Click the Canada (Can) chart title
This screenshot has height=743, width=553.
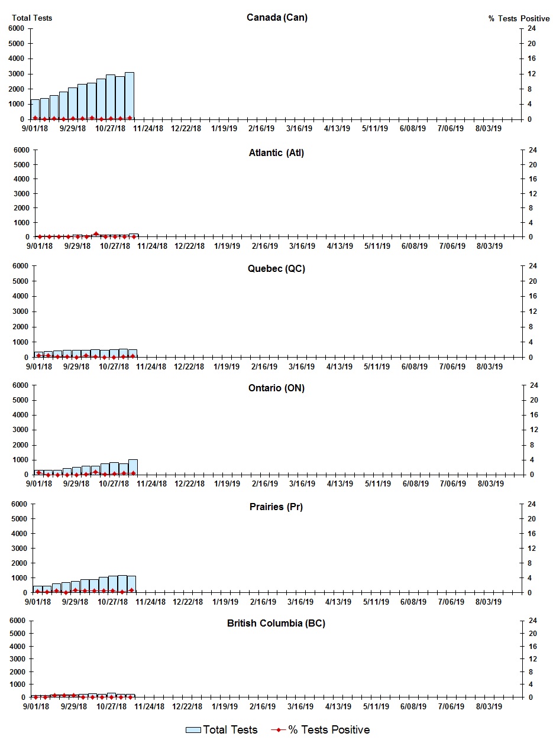(x=277, y=17)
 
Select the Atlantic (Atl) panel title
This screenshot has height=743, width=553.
(x=276, y=153)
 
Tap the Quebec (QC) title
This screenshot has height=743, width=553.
(x=276, y=269)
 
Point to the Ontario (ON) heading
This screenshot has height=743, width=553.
(x=276, y=388)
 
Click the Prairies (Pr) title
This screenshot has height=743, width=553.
(x=276, y=507)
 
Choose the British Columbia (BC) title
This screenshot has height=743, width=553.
(x=276, y=624)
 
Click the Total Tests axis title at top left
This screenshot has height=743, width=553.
(x=32, y=18)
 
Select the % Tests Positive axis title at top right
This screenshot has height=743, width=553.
(x=519, y=18)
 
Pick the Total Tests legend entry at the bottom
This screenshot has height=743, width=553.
(x=222, y=730)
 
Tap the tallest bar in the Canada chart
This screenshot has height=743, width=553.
(x=129, y=96)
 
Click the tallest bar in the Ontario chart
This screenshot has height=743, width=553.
(x=133, y=466)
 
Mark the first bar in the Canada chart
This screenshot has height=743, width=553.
(x=35, y=109)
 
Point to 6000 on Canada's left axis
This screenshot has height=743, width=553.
(x=17, y=28)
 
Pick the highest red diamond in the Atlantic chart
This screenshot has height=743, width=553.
(x=96, y=234)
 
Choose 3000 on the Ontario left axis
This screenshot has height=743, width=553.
(x=21, y=430)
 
